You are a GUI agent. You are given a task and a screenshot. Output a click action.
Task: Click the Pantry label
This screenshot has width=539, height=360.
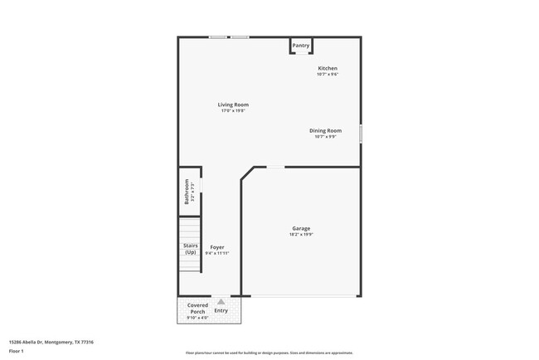click(x=300, y=46)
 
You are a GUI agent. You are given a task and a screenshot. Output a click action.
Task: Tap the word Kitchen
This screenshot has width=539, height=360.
click(x=328, y=68)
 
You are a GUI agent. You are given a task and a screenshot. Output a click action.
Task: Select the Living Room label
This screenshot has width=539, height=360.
click(x=233, y=105)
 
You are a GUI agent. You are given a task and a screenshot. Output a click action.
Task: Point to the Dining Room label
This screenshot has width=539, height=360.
click(x=325, y=130)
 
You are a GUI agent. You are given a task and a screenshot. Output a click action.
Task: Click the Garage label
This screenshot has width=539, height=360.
click(x=301, y=228)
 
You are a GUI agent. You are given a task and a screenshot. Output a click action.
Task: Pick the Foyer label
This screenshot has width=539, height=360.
click(x=217, y=247)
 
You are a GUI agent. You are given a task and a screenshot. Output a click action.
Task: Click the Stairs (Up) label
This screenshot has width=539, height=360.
click(x=190, y=248)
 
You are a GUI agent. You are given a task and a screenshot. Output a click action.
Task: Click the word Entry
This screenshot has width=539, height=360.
click(x=221, y=310)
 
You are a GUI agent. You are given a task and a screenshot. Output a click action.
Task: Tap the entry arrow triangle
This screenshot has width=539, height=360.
click(x=221, y=302)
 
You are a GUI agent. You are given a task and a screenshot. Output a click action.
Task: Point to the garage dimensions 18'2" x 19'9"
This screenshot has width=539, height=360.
click(x=301, y=235)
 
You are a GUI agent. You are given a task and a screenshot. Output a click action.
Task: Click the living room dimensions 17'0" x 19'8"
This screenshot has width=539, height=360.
click(x=233, y=111)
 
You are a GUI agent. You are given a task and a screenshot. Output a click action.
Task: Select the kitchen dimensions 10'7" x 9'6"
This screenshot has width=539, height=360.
click(x=328, y=75)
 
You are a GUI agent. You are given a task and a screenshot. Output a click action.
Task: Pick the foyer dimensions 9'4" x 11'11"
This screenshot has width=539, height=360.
click(x=217, y=253)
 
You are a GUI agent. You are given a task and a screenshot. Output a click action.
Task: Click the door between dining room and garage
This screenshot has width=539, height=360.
click(x=275, y=167)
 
